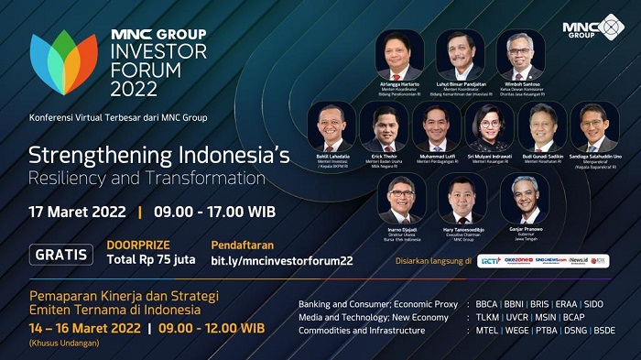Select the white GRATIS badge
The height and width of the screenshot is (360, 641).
61,255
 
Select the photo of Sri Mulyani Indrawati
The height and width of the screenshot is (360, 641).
490,125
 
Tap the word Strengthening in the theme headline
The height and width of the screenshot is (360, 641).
87,155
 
